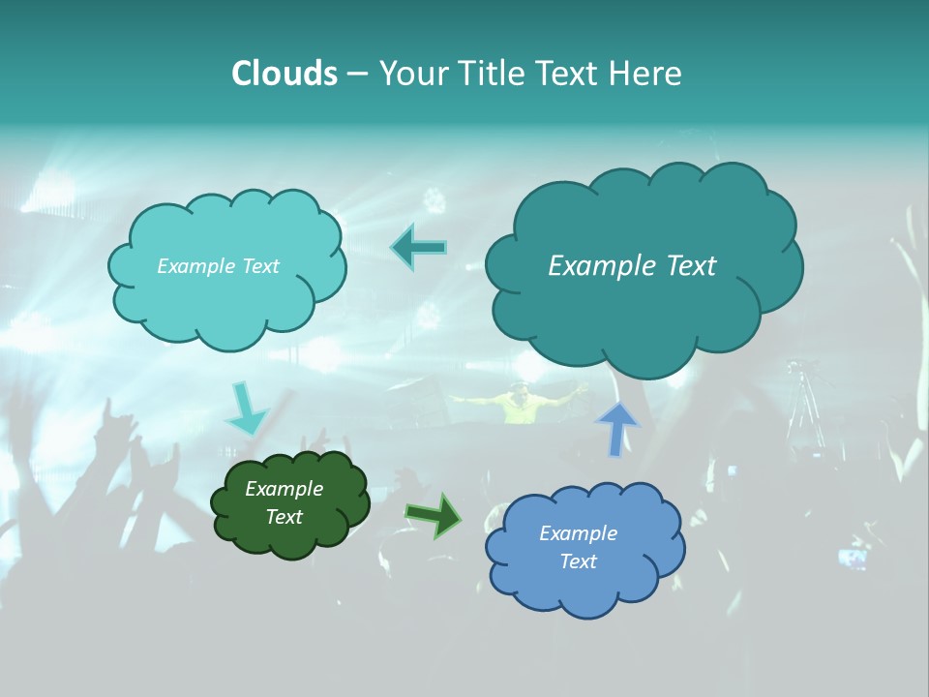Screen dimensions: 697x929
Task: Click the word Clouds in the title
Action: point(284,74)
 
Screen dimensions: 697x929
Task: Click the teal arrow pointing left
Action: point(418,248)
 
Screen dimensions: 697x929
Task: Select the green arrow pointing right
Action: point(434,515)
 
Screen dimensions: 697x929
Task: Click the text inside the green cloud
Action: point(284,503)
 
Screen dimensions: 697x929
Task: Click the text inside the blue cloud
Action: point(578,547)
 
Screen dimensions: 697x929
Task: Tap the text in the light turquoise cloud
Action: point(218,266)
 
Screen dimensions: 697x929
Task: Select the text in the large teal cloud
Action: point(632,266)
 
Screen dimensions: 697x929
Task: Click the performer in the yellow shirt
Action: point(519,404)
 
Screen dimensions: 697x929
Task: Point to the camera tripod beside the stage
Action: point(803,407)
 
